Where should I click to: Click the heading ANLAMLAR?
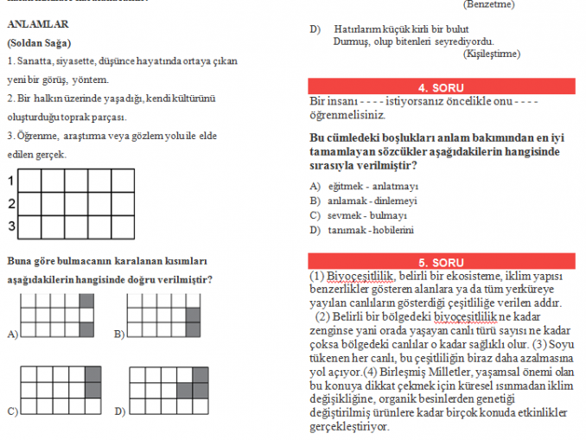(x=37, y=24)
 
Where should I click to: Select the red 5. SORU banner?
(x=441, y=261)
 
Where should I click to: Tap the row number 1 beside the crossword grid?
(x=11, y=182)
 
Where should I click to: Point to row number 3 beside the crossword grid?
(x=11, y=226)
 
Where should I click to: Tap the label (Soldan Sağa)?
(x=39, y=42)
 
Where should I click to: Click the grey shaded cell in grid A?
(x=86, y=301)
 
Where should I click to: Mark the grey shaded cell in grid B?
(x=193, y=316)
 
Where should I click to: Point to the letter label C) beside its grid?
(x=12, y=411)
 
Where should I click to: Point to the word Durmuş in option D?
(x=349, y=41)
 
